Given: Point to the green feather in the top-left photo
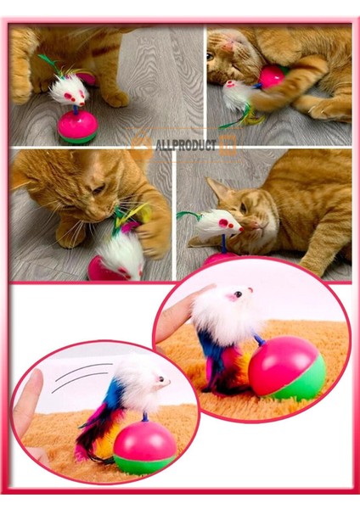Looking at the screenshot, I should pyautogui.click(x=44, y=62).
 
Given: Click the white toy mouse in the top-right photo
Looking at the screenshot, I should pyautogui.click(x=238, y=95).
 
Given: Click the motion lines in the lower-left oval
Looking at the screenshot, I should pyautogui.click(x=81, y=378).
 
